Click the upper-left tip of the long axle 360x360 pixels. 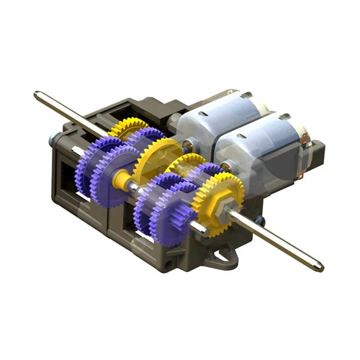(x=37, y=94)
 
